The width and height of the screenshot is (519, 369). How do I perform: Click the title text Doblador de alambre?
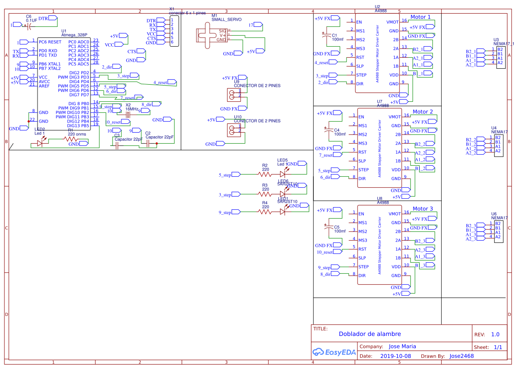370,334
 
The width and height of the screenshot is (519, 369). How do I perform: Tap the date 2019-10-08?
395,356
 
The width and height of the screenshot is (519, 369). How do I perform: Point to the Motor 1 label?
421,17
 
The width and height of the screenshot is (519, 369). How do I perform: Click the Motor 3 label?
422,209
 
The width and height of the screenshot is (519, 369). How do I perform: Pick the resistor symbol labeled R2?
265,175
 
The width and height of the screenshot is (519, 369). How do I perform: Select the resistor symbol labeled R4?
265,212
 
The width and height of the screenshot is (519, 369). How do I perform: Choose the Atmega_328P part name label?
74,35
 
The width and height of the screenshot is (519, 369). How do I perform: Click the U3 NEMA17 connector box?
500,56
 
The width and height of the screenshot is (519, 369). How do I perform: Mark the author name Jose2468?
462,356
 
